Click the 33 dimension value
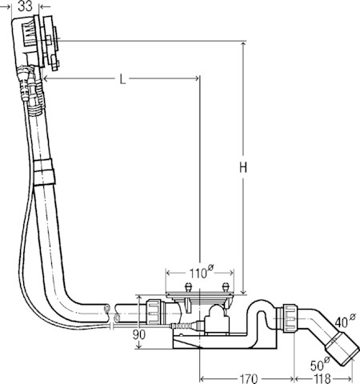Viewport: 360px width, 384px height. click(26, 6)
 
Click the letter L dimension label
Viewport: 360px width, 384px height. click(122, 79)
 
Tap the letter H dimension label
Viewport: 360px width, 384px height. click(243, 168)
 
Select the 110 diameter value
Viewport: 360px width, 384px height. click(198, 274)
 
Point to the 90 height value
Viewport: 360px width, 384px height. click(139, 334)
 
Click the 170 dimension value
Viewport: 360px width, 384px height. click(249, 378)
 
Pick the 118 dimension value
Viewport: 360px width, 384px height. click(322, 378)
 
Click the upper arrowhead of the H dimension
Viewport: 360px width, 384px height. click(243, 45)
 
